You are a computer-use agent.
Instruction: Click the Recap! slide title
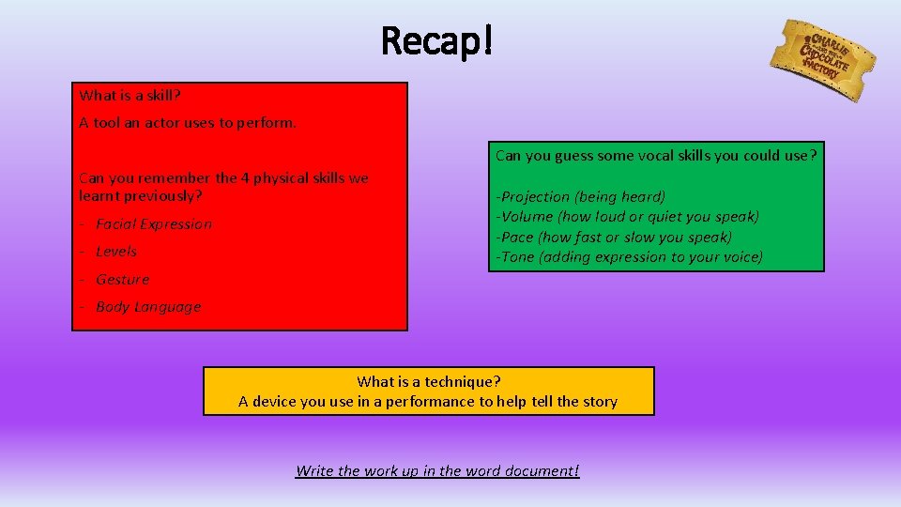tap(436, 40)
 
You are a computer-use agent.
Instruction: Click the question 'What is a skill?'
tap(130, 95)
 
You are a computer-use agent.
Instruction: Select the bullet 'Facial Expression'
tap(154, 224)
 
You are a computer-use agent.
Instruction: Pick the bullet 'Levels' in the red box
tap(116, 252)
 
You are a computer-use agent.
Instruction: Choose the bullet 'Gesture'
tap(122, 280)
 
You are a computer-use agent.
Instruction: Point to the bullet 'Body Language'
tap(148, 307)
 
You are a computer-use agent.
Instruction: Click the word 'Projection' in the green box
tap(535, 197)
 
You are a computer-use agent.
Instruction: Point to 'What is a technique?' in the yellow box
tap(429, 382)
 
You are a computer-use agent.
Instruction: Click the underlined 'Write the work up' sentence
tap(437, 470)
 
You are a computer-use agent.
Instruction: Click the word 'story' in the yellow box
tap(599, 402)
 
